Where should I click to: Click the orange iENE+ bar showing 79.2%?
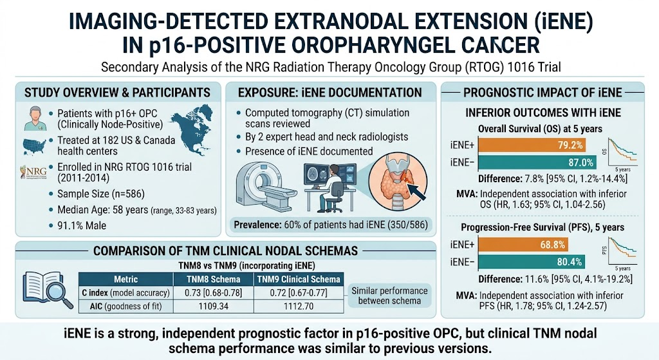[x=532, y=145]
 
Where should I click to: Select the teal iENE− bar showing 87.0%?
[x=537, y=162]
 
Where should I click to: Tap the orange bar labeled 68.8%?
[x=523, y=244]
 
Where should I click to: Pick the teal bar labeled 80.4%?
[x=532, y=261]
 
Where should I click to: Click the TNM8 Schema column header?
[x=213, y=279]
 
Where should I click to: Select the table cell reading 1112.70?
[x=299, y=306]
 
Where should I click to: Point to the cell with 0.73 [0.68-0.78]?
[x=213, y=293]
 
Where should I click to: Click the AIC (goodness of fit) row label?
[x=125, y=306]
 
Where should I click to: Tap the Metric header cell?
[x=125, y=279]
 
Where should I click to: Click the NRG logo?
[x=33, y=172]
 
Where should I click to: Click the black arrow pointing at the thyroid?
[x=416, y=190]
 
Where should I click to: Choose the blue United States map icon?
[x=33, y=146]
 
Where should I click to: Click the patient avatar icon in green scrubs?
[x=35, y=118]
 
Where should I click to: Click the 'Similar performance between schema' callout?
[x=389, y=296]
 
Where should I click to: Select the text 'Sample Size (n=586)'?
[x=101, y=194]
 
